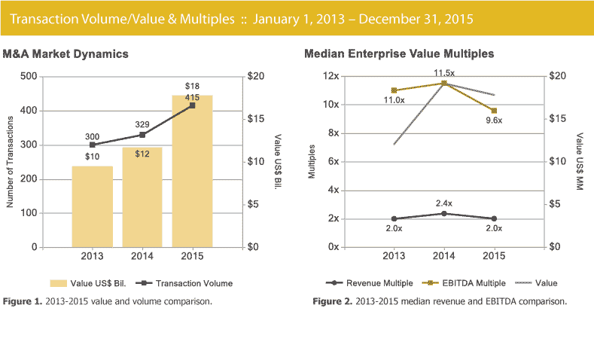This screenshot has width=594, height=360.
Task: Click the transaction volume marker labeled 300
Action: point(92,145)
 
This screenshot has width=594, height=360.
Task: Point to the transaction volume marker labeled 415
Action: point(192,105)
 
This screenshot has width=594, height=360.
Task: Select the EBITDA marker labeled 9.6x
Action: point(493,111)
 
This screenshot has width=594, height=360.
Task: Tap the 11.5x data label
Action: point(444,72)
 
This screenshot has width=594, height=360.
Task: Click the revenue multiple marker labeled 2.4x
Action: point(443,213)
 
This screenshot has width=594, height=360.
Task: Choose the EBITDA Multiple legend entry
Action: point(465,283)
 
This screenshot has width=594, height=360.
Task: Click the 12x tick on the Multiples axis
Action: point(330,76)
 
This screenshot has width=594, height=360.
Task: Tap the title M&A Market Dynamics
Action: point(65,54)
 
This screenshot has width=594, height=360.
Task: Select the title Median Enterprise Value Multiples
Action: point(399,54)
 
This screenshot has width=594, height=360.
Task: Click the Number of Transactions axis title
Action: point(10,162)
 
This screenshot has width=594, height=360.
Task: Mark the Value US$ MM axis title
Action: point(580,162)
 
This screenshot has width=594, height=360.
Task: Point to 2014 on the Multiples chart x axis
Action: point(443,256)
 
